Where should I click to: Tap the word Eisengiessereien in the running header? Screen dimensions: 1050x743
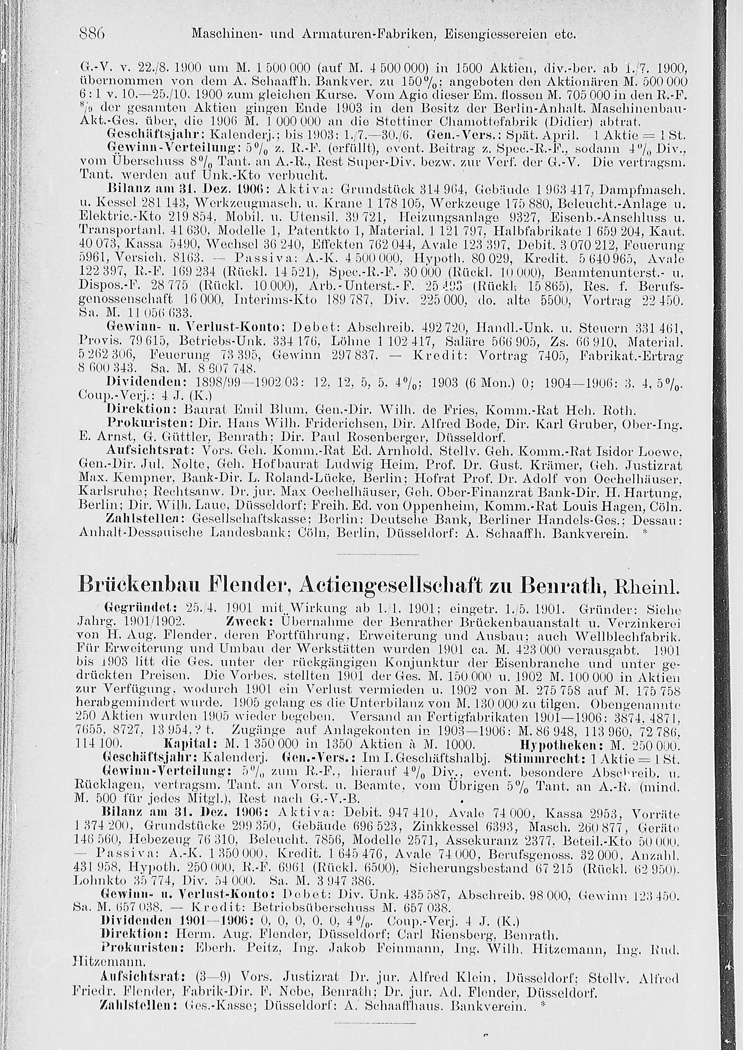coord(502,34)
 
